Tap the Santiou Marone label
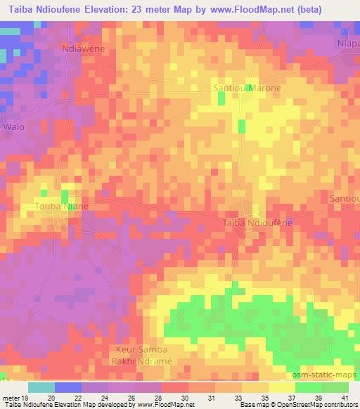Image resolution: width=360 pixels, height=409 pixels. (x=247, y=89)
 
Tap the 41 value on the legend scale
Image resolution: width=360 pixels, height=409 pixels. (x=345, y=397)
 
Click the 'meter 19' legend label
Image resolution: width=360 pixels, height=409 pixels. (x=13, y=397)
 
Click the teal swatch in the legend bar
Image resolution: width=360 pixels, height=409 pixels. (x=41, y=387)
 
